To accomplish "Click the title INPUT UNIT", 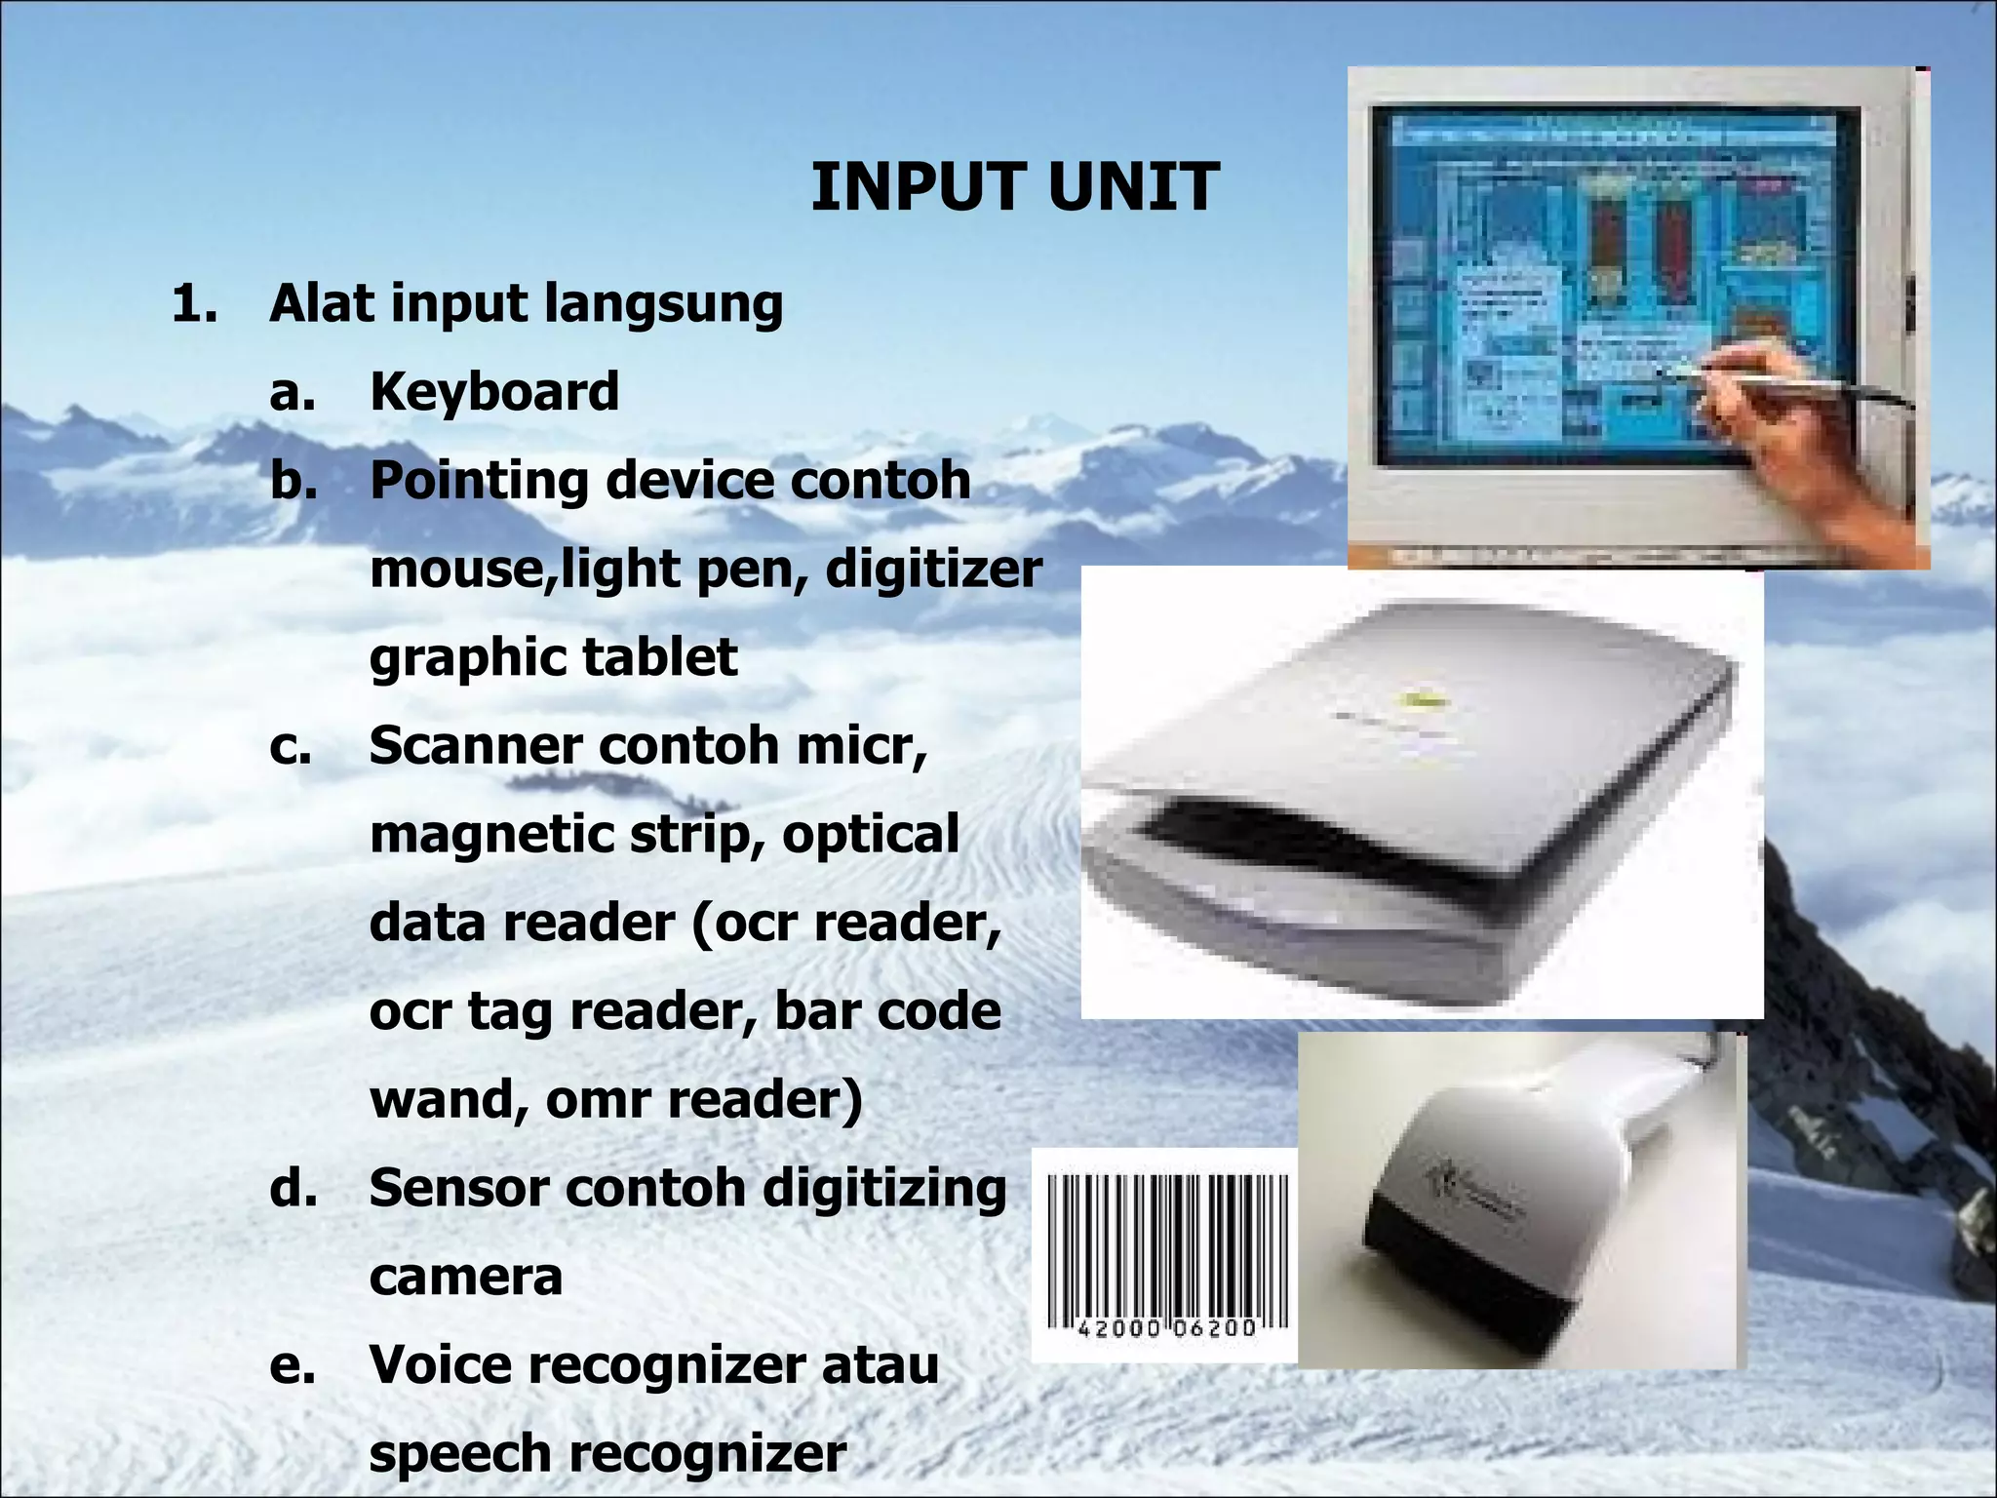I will click(1014, 187).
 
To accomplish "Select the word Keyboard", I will click(494, 392).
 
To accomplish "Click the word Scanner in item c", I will click(475, 746).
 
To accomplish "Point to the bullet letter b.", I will click(293, 481).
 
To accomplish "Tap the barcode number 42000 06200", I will click(1166, 1328).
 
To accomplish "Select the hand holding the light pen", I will click(1794, 429).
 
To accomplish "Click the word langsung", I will click(663, 304).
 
